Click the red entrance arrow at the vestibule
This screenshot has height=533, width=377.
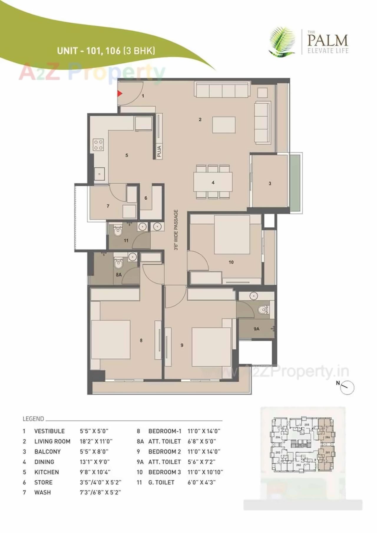(x=120, y=94)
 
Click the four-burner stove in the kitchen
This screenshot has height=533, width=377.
(x=98, y=145)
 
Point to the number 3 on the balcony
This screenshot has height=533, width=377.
(x=270, y=183)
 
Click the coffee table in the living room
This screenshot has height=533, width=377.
(x=224, y=125)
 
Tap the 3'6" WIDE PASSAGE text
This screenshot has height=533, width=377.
(x=176, y=230)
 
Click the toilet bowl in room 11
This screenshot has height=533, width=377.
(x=118, y=231)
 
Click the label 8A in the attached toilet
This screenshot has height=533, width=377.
(x=119, y=275)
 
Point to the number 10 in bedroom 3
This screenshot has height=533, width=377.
(x=231, y=262)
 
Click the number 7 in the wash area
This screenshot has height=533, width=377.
(x=108, y=206)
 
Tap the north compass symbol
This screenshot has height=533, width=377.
(x=347, y=388)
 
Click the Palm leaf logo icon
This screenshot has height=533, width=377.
(x=282, y=42)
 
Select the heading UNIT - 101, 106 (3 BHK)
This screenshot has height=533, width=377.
(x=106, y=51)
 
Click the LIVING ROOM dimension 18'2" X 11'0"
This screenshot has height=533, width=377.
(x=96, y=441)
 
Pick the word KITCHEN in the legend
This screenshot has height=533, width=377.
(x=47, y=472)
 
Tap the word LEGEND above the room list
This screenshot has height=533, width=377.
(x=33, y=419)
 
